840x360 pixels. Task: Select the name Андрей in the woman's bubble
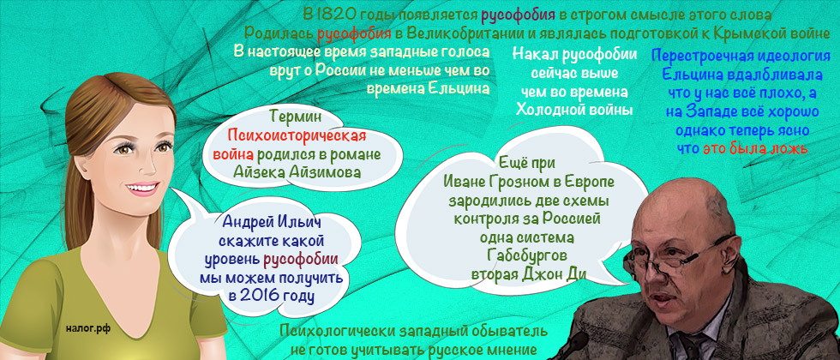[x=247, y=222]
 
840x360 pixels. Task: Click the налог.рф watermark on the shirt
[x=89, y=328]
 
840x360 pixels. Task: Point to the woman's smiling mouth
[x=142, y=189]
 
